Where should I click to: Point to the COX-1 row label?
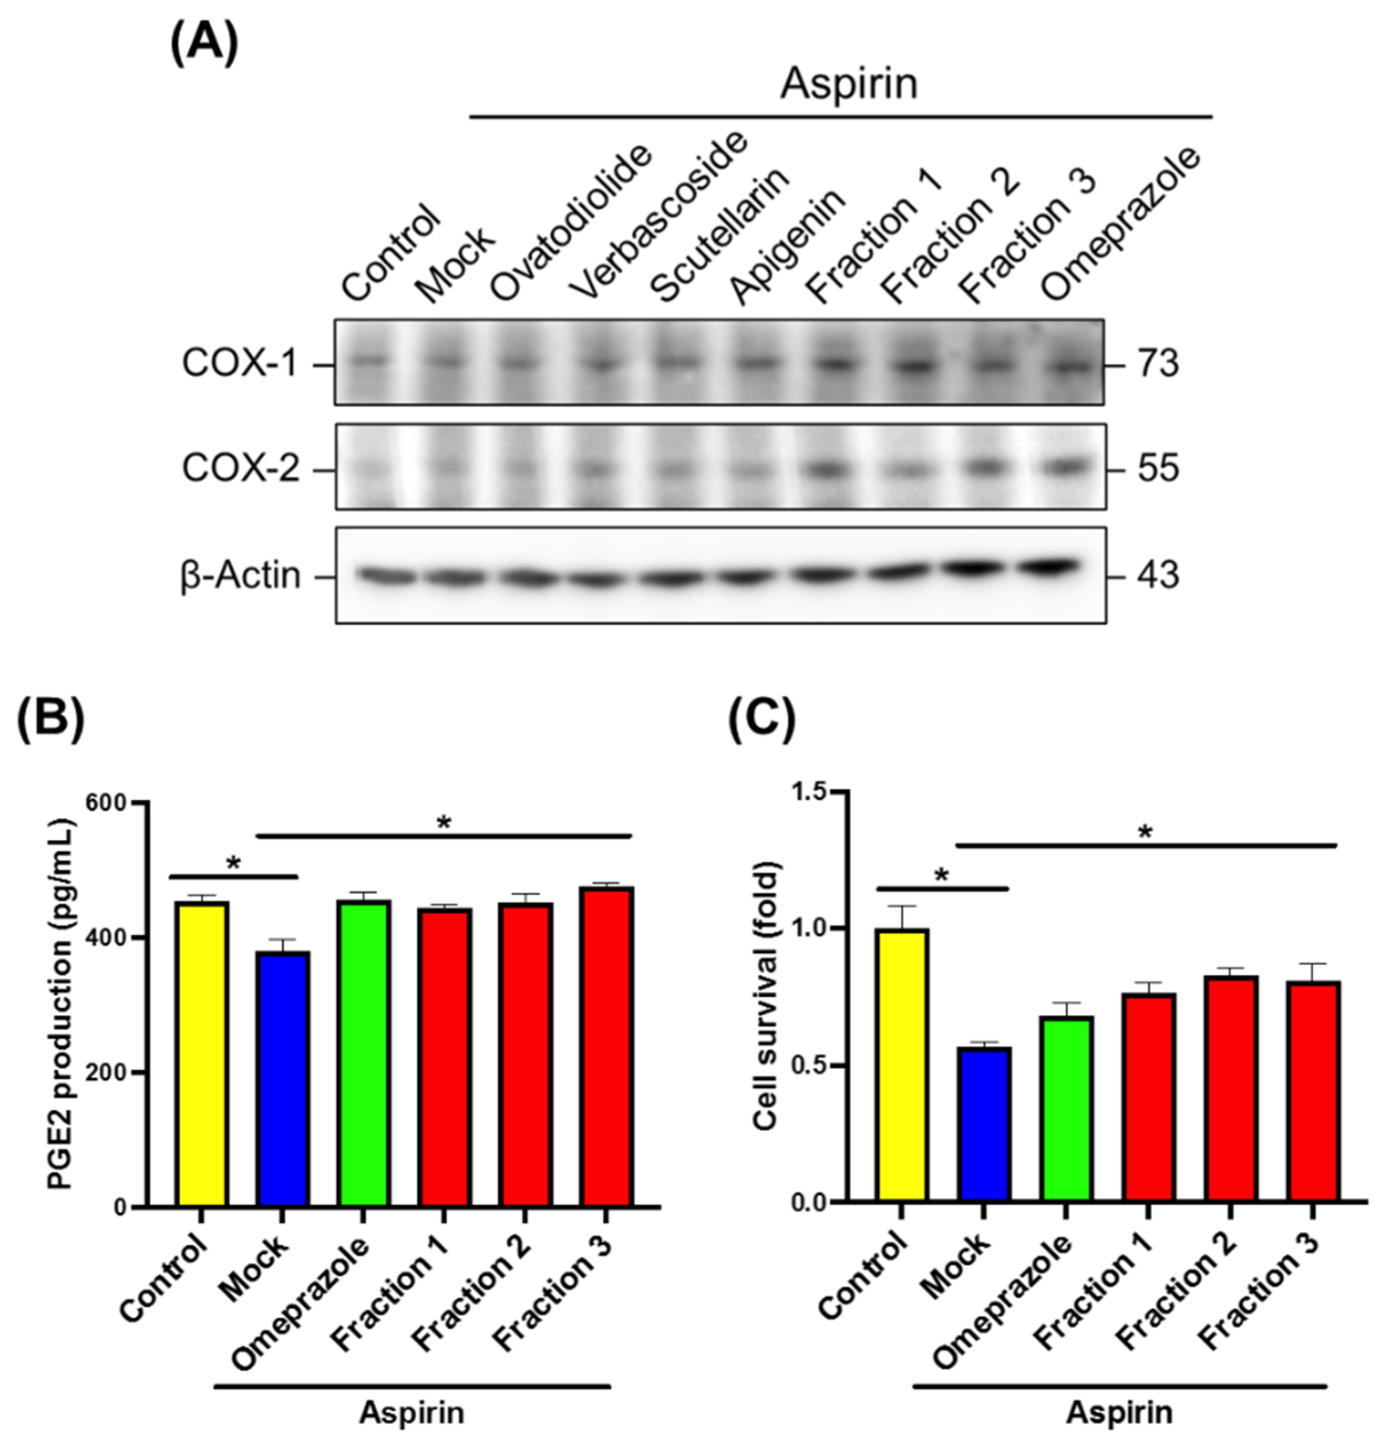239,364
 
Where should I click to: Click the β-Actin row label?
241,575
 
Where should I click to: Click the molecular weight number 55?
1158,468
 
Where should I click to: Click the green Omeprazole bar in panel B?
364,1053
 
